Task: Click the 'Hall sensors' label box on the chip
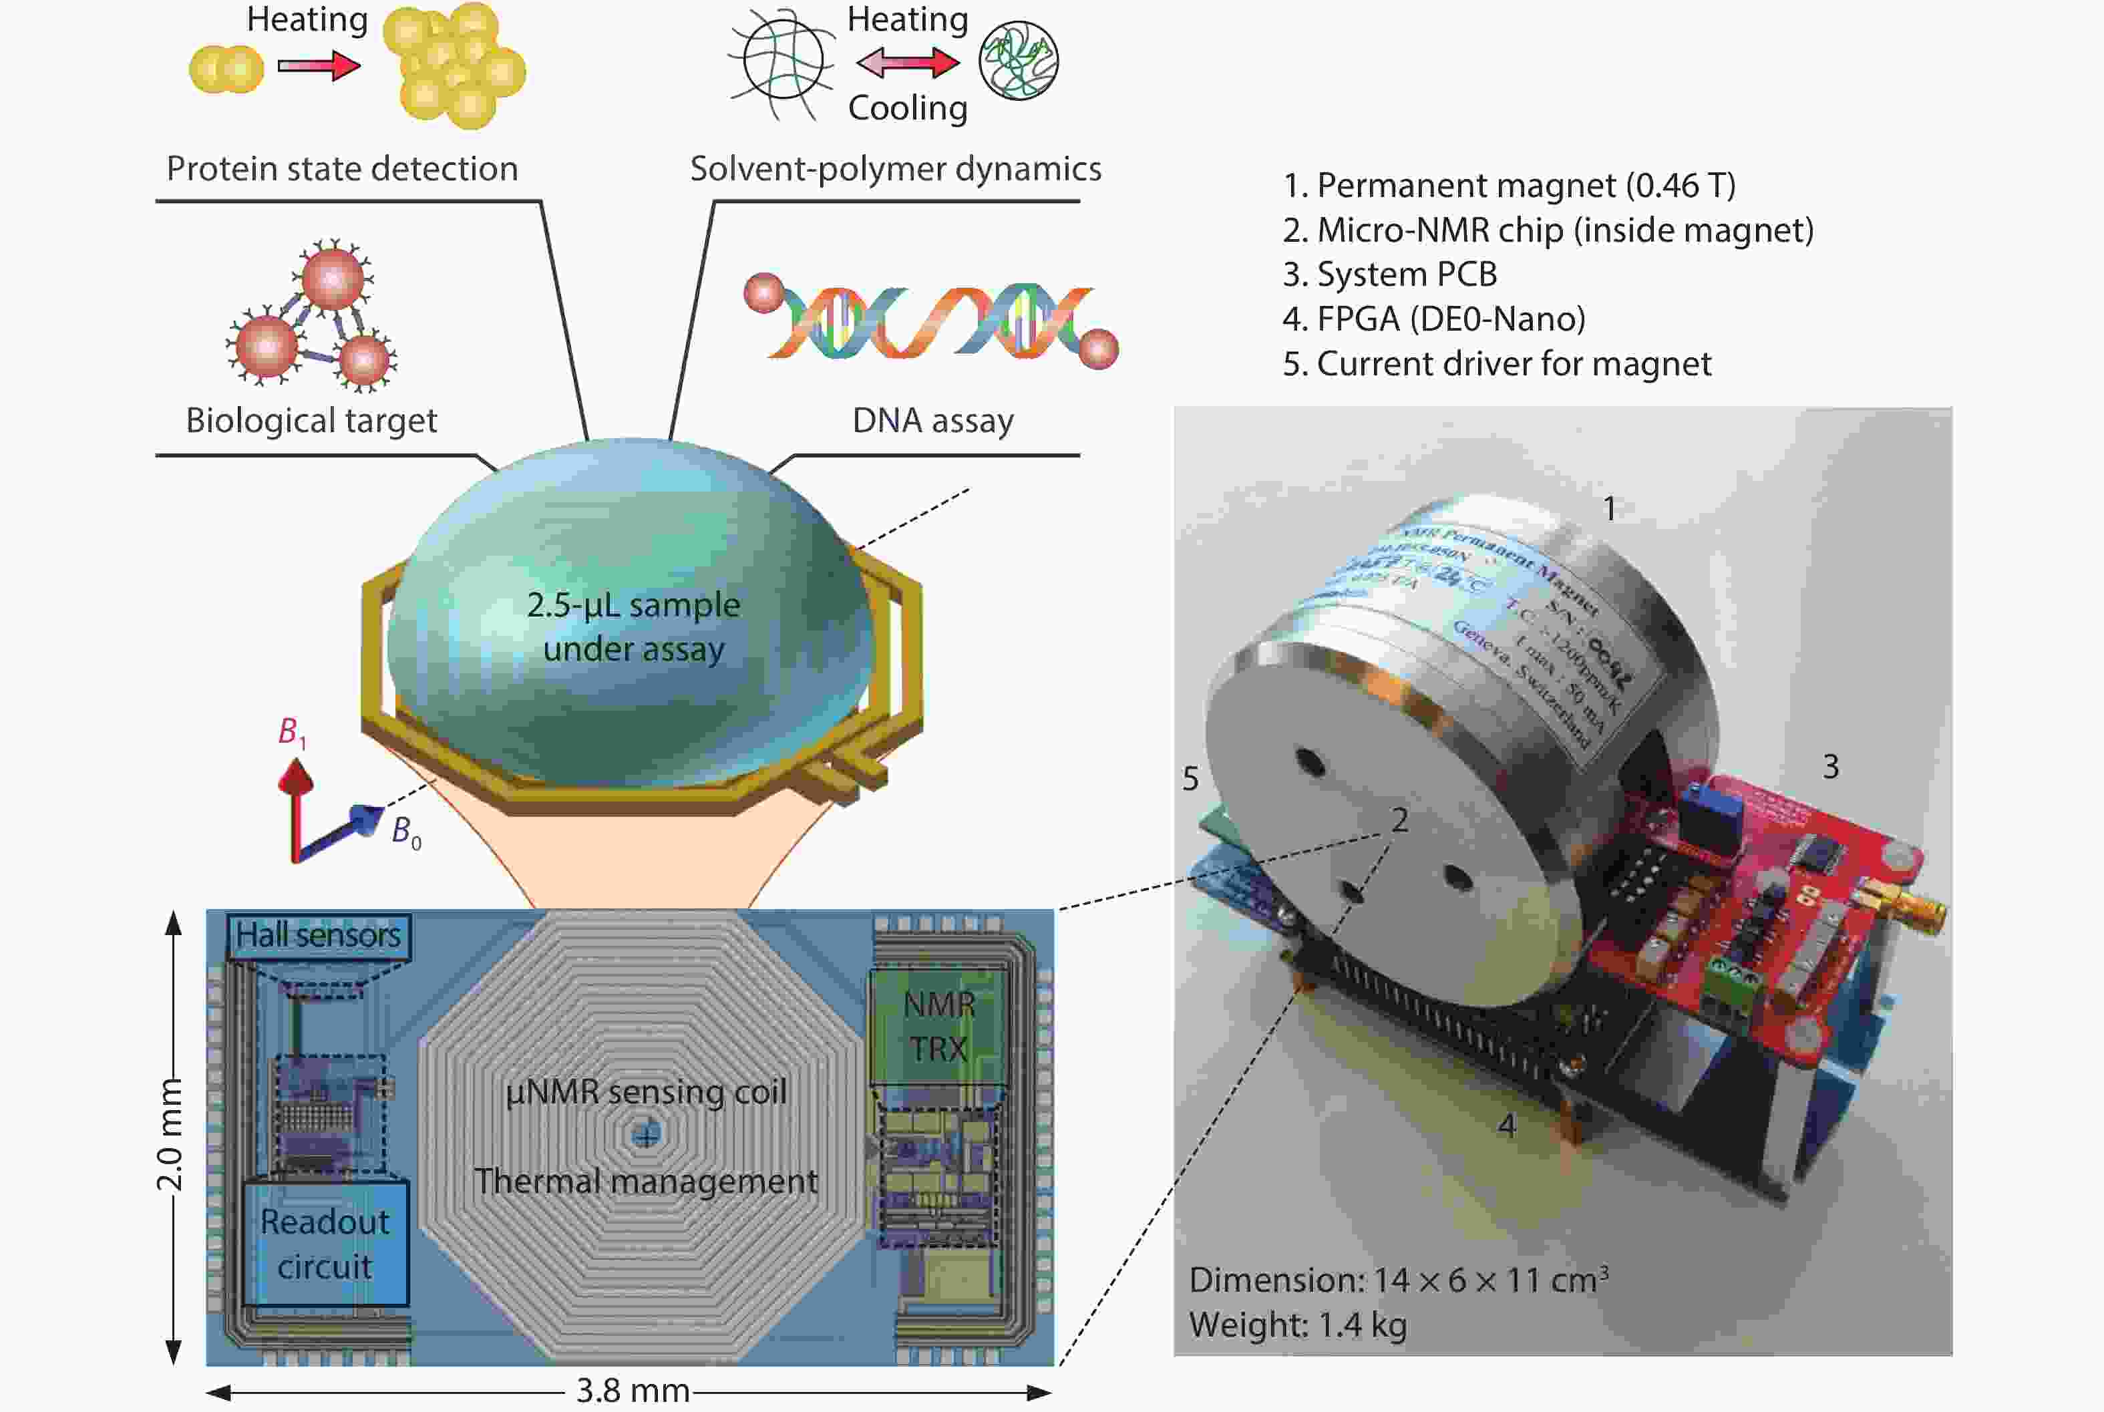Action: pos(318,936)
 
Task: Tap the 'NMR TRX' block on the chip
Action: pos(938,1027)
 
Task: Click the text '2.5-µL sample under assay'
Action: pos(633,627)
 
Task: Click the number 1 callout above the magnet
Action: pos(1610,509)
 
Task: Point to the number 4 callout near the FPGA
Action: pos(1506,1125)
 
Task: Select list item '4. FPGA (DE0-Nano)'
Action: pos(1433,319)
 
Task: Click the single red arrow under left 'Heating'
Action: pos(319,65)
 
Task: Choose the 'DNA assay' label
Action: pos(932,421)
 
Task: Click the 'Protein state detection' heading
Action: pos(342,169)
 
